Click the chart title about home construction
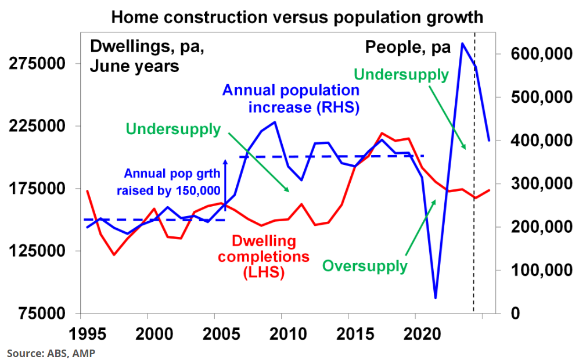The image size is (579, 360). [x=296, y=17]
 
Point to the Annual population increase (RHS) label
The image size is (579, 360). [x=291, y=99]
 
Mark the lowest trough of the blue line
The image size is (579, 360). [x=435, y=298]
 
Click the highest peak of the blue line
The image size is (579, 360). [x=462, y=44]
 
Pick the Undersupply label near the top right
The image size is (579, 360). [x=401, y=75]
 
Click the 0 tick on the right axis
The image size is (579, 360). [x=504, y=314]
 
